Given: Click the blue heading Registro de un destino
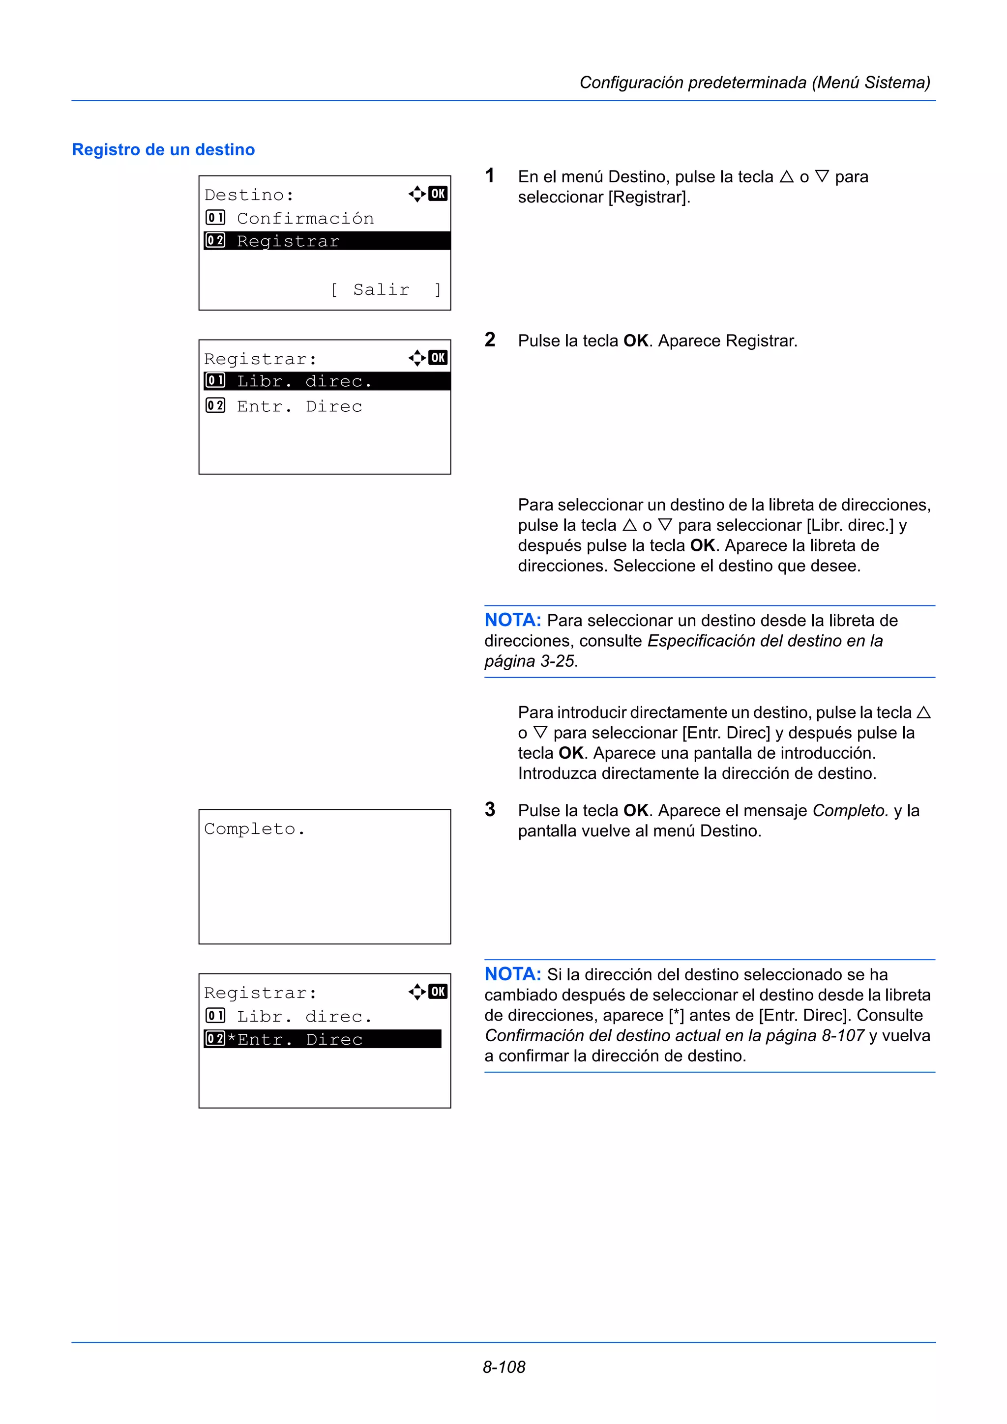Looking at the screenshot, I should pos(163,149).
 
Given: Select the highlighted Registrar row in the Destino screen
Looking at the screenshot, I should pos(326,241).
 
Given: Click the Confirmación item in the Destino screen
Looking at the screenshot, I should pos(305,218).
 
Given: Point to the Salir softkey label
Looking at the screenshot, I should pos(381,289).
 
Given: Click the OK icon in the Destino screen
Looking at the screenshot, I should pos(438,194).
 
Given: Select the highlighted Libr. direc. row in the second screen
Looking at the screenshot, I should pos(326,381).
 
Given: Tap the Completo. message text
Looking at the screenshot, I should pos(254,829).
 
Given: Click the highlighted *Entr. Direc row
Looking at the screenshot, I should pos(322,1039).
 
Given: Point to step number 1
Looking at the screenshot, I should pos(490,176).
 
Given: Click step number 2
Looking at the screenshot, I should pos(490,340).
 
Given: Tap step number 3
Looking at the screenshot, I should pos(490,809).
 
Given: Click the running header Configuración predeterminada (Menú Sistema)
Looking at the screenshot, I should pos(754,83).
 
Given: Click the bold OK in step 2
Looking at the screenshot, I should pos(636,341).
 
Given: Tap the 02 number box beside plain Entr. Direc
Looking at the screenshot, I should pos(215,405).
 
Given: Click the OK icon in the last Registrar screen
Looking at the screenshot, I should pos(438,991).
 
